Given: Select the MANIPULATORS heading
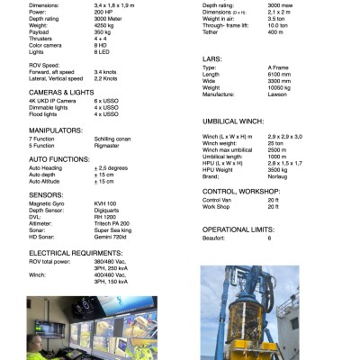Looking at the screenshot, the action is coord(55,130).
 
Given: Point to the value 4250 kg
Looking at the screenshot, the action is coord(104,27).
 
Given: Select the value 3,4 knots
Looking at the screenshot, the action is coord(106,71).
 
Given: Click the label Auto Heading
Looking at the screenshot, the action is coord(46,167).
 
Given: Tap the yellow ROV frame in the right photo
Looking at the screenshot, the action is coord(237,346).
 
